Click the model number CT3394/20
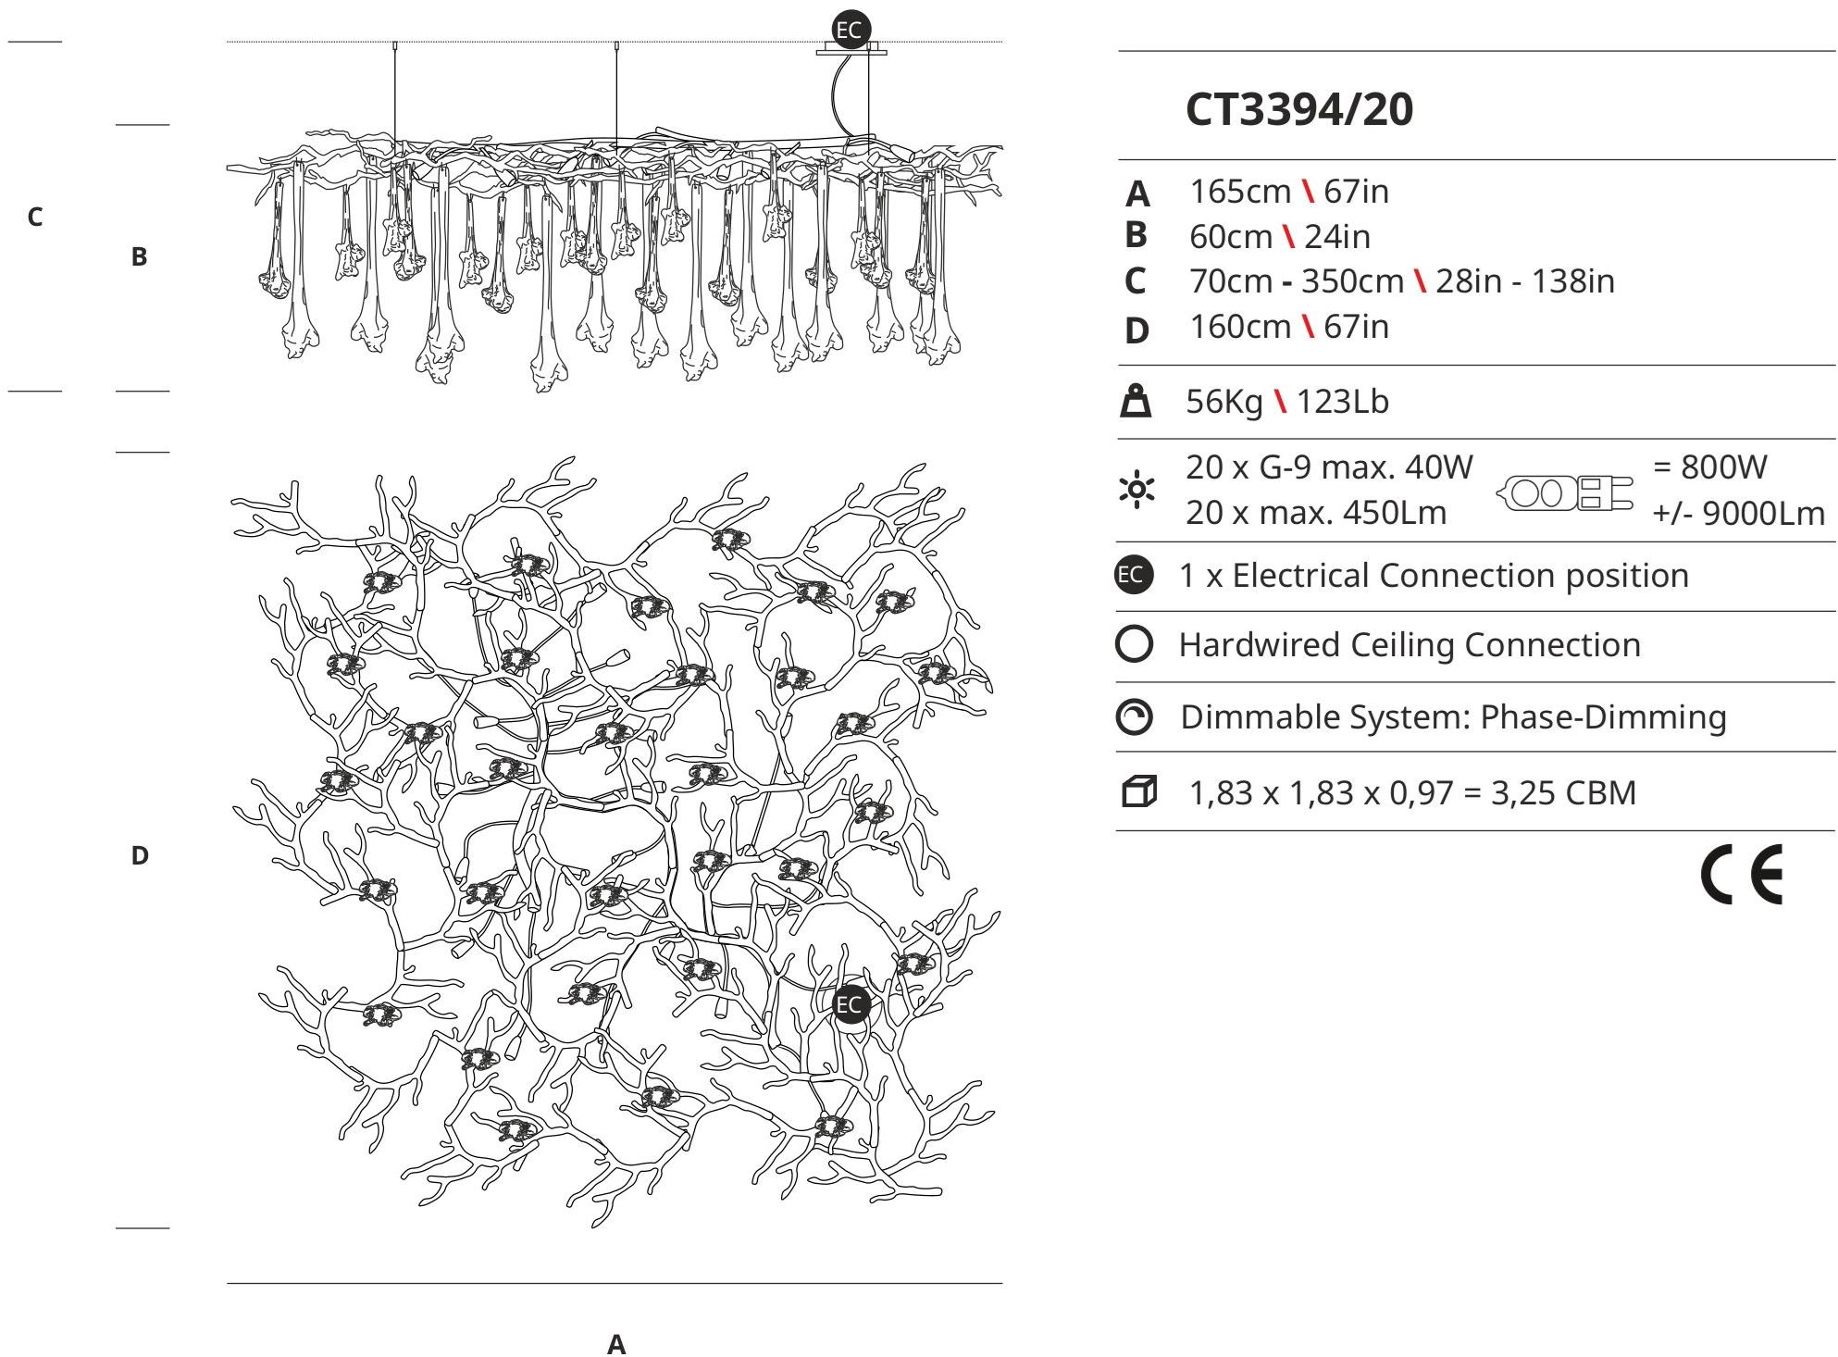click(x=1299, y=109)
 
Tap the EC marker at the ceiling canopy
click(x=849, y=30)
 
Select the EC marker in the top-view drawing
click(x=851, y=1004)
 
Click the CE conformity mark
click(x=1742, y=875)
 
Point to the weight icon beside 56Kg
click(x=1136, y=402)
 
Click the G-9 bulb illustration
click(x=1564, y=492)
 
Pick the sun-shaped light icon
click(x=1136, y=489)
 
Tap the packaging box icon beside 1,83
click(x=1139, y=792)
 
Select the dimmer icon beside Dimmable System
click(x=1135, y=717)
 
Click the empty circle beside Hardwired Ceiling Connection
click(x=1135, y=644)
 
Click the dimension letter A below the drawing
click(x=616, y=1344)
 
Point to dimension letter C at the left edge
click(x=35, y=217)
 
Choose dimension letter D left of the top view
click(x=140, y=855)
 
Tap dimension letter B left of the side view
click(x=139, y=256)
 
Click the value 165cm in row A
click(x=1240, y=192)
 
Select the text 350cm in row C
click(x=1352, y=281)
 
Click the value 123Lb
click(x=1343, y=402)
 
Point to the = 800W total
click(x=1710, y=467)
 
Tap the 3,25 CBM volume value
click(x=1564, y=793)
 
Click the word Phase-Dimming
click(x=1604, y=717)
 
